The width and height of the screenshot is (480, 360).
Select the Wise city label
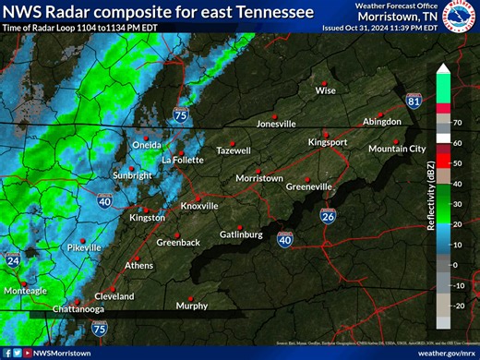325,90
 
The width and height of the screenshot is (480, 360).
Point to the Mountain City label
397,149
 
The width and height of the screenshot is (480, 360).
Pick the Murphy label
192,306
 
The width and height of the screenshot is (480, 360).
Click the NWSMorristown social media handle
57,353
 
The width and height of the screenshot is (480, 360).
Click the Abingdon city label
381,122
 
